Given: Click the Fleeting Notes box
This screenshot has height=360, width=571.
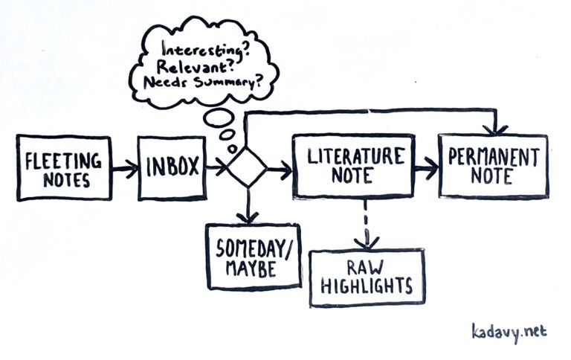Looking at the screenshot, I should [63, 168].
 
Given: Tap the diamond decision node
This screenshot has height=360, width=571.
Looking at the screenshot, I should [246, 169].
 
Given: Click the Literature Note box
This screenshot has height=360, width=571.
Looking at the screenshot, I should [353, 166].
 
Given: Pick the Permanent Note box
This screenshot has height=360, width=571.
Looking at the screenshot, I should [492, 167].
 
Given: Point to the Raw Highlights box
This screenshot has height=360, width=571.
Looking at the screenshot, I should [367, 277].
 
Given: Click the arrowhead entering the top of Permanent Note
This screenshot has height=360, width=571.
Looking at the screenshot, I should [494, 129].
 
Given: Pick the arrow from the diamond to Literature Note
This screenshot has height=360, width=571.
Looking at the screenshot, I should [280, 170].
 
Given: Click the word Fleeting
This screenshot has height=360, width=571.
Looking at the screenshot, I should [63, 158].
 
